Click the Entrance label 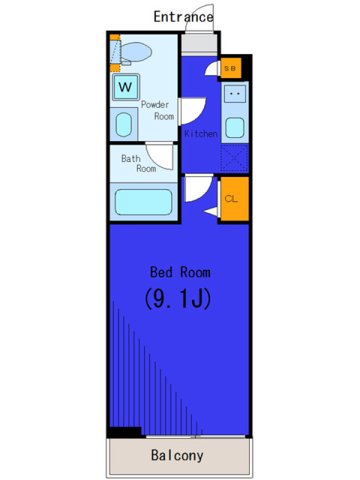[x=184, y=17]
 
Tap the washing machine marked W [x=126, y=87]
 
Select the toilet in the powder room [x=134, y=53]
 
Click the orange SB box [x=231, y=68]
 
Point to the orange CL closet [x=235, y=199]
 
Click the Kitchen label [x=201, y=134]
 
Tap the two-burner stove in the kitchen [x=235, y=94]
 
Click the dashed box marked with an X [x=235, y=158]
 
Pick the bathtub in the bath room [x=143, y=202]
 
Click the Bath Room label [x=139, y=163]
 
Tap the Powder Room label [x=158, y=110]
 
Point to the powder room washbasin [x=124, y=125]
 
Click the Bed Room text [x=180, y=272]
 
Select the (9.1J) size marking [x=178, y=299]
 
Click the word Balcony [x=177, y=455]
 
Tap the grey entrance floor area [x=199, y=44]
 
